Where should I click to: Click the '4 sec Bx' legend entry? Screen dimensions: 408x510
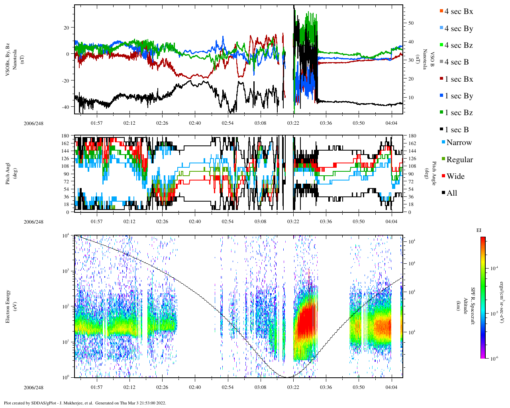pos(458,12)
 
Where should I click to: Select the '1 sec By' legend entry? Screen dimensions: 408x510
pos(458,96)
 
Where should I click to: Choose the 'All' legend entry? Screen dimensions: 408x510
pos(451,193)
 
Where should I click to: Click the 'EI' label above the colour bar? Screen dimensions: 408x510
pos(479,230)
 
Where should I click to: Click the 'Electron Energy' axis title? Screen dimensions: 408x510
pos(8,306)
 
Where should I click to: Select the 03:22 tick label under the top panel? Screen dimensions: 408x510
pos(293,123)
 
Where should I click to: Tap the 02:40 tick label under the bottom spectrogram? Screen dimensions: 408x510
pos(195,387)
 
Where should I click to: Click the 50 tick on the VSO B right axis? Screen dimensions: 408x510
pos(411,23)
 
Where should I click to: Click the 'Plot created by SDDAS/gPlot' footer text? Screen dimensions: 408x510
pos(84,403)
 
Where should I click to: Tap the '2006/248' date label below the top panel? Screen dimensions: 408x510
pos(33,124)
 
